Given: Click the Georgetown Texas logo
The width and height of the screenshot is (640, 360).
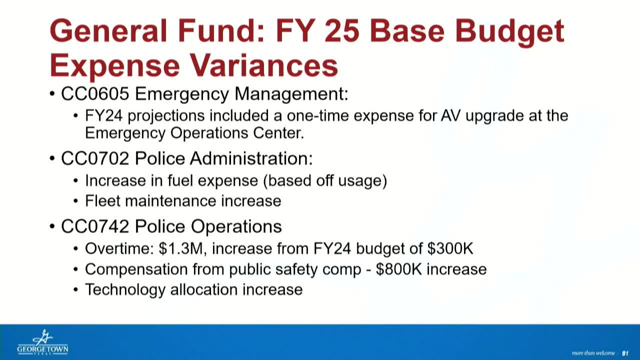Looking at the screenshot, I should [x=42, y=342].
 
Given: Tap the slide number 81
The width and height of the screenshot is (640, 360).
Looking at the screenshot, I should [x=624, y=353].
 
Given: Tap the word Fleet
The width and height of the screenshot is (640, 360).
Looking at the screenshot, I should [x=102, y=201].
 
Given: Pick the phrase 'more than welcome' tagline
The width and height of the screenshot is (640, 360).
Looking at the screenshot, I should [x=593, y=353].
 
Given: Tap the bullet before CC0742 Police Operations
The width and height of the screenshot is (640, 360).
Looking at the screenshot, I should [x=52, y=227].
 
